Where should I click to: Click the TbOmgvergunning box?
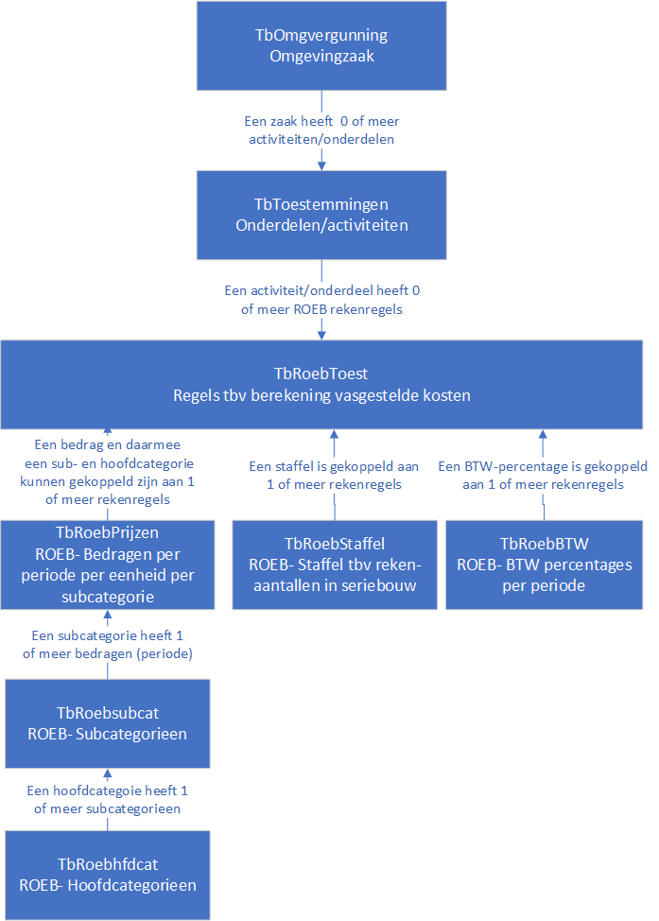321,45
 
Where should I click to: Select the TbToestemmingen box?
321,215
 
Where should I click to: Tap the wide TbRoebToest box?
321,384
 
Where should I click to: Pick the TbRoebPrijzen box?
108,565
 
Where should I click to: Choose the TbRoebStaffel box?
335,565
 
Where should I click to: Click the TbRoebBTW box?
544,565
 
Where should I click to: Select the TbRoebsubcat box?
108,723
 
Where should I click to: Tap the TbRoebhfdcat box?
108,876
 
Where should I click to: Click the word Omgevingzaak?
321,57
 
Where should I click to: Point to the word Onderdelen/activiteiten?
321,226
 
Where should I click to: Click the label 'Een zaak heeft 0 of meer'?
321,121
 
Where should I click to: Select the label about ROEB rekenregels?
321,300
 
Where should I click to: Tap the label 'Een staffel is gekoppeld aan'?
334,466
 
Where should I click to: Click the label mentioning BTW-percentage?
543,476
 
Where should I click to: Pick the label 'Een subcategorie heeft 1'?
108,635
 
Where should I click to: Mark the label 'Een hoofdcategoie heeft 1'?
108,791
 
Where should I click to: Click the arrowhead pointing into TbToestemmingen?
321,166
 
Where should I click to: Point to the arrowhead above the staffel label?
334,433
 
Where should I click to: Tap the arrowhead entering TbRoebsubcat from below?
108,773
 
